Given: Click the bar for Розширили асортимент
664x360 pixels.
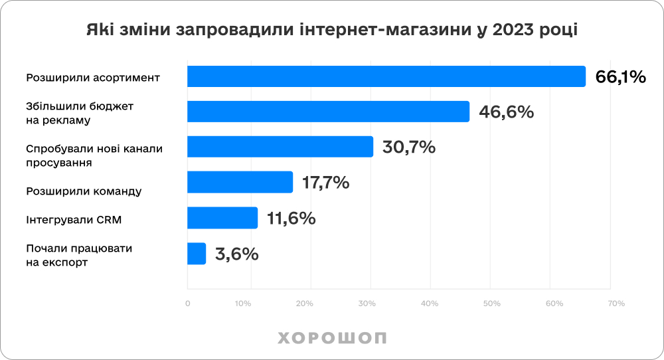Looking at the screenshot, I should click(x=386, y=76).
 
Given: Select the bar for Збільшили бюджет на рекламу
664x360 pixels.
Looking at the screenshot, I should click(x=328, y=112).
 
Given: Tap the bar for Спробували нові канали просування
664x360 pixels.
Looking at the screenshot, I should click(x=280, y=147).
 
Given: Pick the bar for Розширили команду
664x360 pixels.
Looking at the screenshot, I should click(x=240, y=182).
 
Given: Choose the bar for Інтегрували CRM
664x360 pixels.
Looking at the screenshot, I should click(x=222, y=217).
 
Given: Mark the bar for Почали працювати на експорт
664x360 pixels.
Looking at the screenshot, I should click(x=197, y=253).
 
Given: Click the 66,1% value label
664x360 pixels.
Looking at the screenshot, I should click(x=620, y=77).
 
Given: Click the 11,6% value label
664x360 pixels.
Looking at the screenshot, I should click(x=291, y=218).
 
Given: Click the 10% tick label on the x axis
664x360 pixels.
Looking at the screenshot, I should click(x=242, y=304).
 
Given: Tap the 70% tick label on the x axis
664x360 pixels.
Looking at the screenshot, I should click(x=617, y=304).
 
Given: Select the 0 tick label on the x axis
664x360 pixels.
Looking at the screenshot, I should click(x=187, y=304).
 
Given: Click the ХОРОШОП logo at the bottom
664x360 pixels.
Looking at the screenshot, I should click(x=332, y=337).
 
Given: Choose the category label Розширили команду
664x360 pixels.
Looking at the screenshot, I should click(x=84, y=191).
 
